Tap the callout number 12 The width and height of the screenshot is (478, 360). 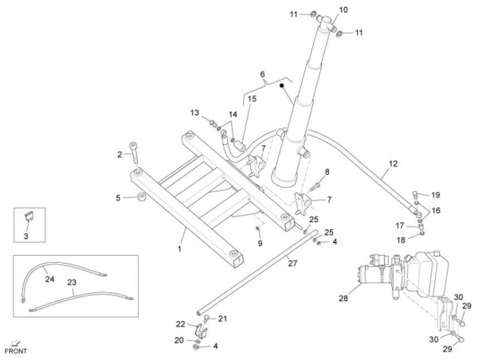point(391,166)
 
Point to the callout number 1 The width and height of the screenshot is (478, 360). point(179,249)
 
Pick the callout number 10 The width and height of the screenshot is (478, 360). point(343,10)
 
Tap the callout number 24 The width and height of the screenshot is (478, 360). point(49,279)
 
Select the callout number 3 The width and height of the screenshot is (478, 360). point(25,237)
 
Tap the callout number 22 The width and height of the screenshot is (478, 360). point(180,323)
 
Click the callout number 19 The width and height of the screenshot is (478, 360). point(436,195)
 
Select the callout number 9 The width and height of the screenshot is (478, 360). point(259,243)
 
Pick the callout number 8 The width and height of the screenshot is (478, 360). point(326,172)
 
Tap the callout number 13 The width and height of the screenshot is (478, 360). point(195,112)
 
